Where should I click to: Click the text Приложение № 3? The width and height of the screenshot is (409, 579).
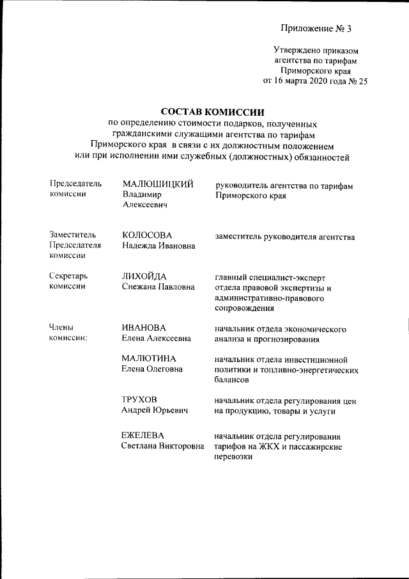316,29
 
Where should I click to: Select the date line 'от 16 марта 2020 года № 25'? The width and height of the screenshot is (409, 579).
315,81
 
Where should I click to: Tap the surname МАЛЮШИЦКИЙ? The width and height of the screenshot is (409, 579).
158,185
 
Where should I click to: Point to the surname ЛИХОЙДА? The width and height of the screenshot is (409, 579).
144,276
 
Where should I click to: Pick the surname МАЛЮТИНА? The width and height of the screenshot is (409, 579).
149,358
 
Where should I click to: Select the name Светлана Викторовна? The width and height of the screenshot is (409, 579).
163,446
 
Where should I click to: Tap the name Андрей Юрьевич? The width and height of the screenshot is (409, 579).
155,411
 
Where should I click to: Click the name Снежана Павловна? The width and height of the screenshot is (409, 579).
158,287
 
